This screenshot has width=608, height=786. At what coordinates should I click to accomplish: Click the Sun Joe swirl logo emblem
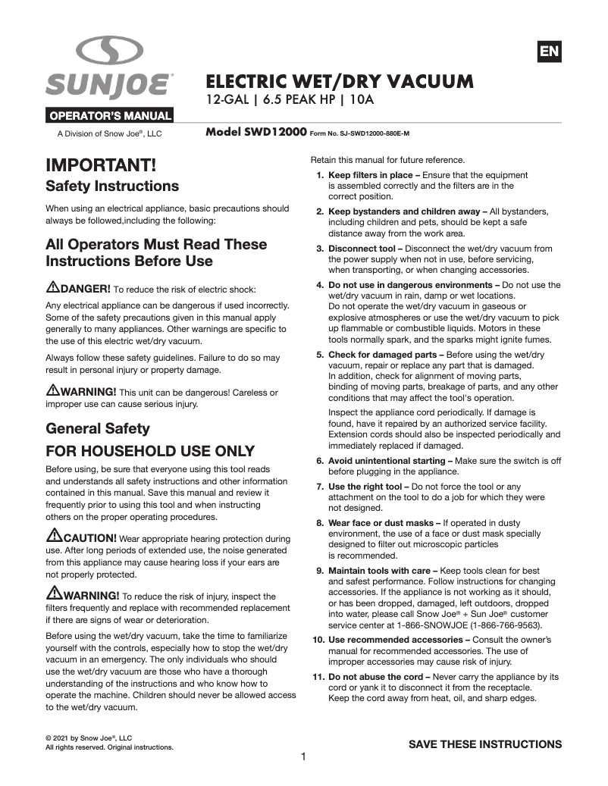109,51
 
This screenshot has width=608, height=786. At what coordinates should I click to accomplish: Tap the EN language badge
549,51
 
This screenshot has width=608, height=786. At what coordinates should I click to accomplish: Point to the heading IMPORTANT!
101,164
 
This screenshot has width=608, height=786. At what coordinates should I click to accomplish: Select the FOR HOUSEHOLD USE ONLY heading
150,451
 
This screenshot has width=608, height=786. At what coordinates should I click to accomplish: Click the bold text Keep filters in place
370,175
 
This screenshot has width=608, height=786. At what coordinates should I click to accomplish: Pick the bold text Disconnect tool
360,249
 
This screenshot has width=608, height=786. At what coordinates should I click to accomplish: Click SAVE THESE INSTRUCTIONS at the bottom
485,744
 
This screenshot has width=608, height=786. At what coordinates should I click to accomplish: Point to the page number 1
303,756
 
